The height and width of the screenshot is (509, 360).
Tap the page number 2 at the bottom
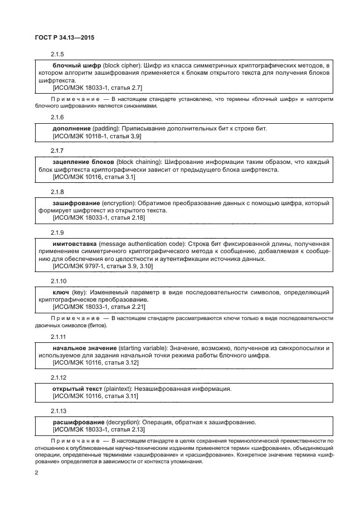click(36, 473)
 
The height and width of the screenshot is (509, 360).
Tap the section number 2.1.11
click(59, 337)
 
